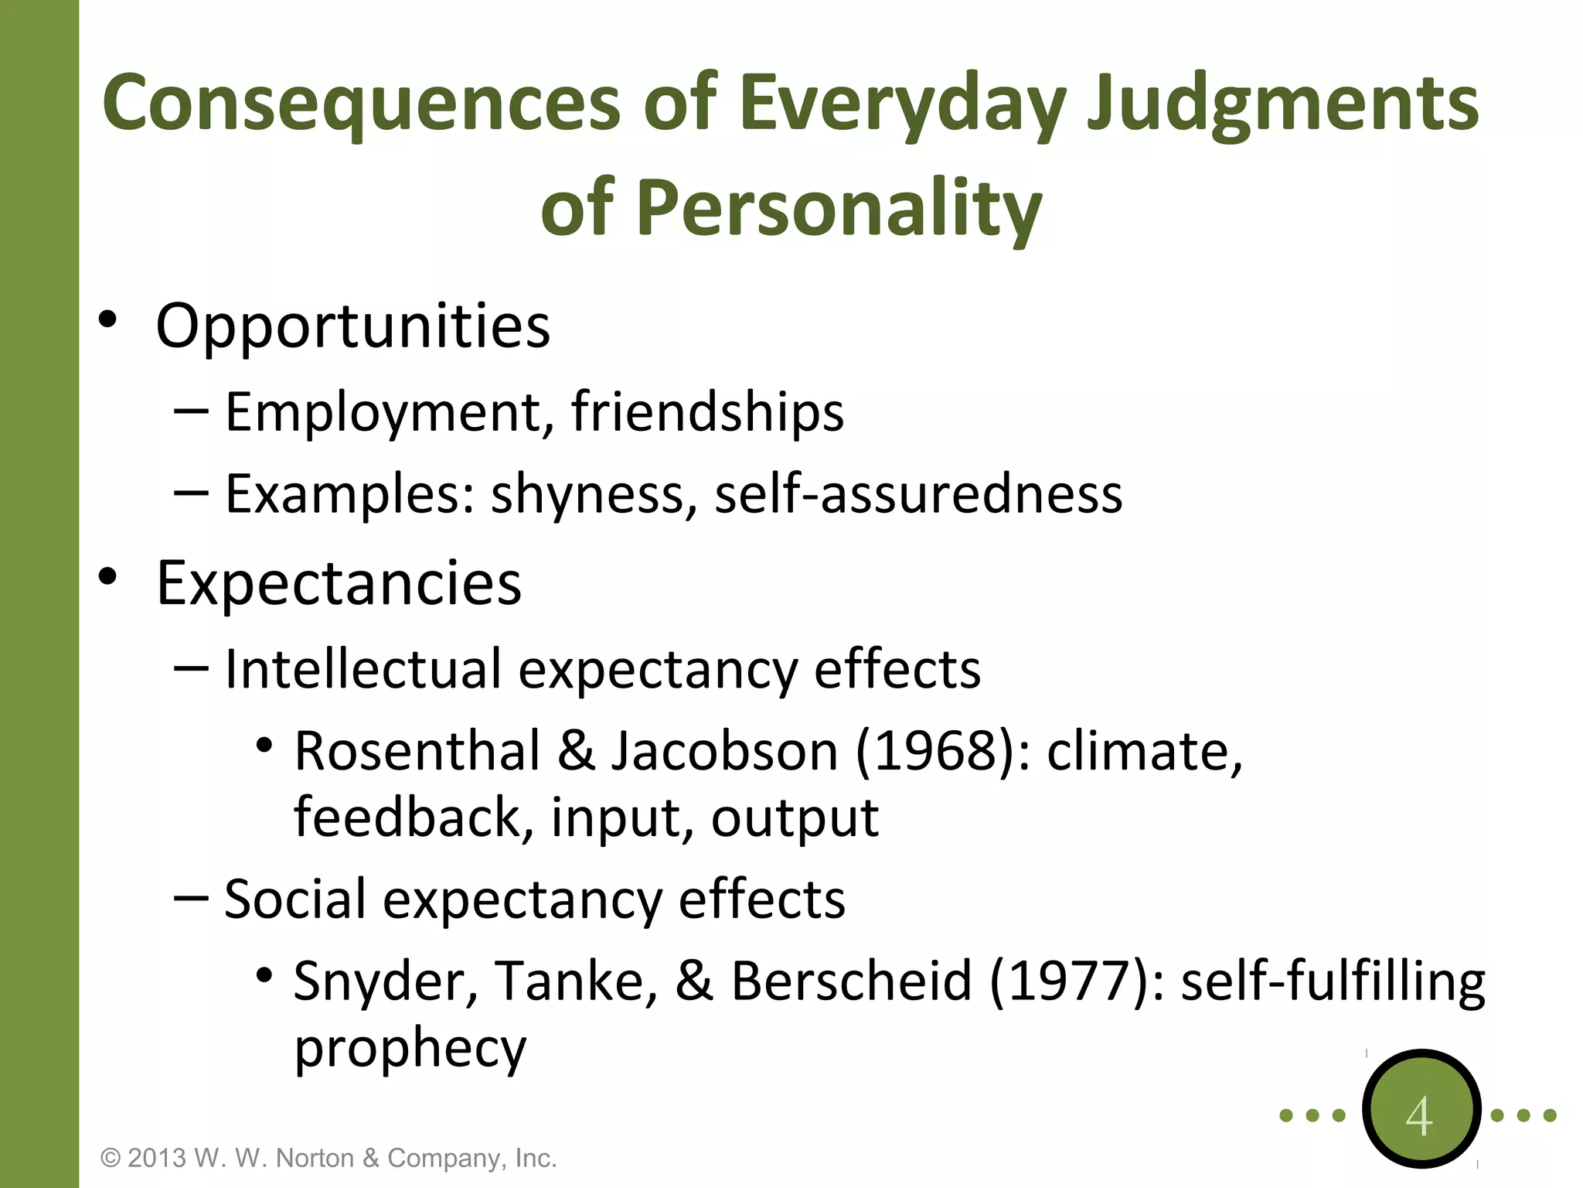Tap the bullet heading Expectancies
click(339, 584)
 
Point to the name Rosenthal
click(417, 751)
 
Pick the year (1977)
click(1069, 981)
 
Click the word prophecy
click(410, 1049)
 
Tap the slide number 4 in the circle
click(1419, 1117)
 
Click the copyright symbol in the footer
click(111, 1158)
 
